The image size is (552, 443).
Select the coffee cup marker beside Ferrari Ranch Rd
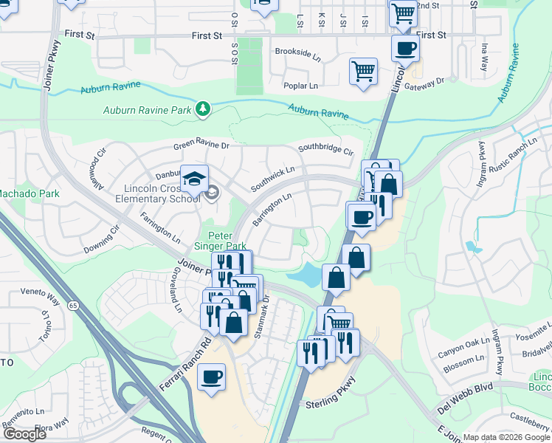212,377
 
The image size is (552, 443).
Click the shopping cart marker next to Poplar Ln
363,72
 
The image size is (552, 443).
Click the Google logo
25,434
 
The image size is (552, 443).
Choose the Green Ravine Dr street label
201,146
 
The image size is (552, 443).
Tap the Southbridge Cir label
325,148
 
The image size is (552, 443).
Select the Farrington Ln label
160,228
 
